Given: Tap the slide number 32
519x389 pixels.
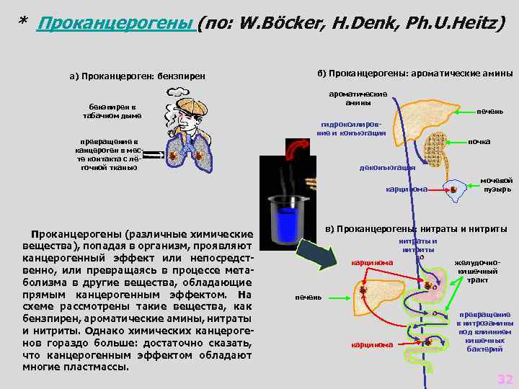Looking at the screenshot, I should pyautogui.click(x=505, y=380).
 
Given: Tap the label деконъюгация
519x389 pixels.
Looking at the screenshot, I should pyautogui.click(x=388, y=168).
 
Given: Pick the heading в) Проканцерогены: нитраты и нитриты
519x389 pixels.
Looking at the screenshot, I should pyautogui.click(x=416, y=229).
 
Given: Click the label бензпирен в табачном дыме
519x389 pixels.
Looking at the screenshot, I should pyautogui.click(x=112, y=111).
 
